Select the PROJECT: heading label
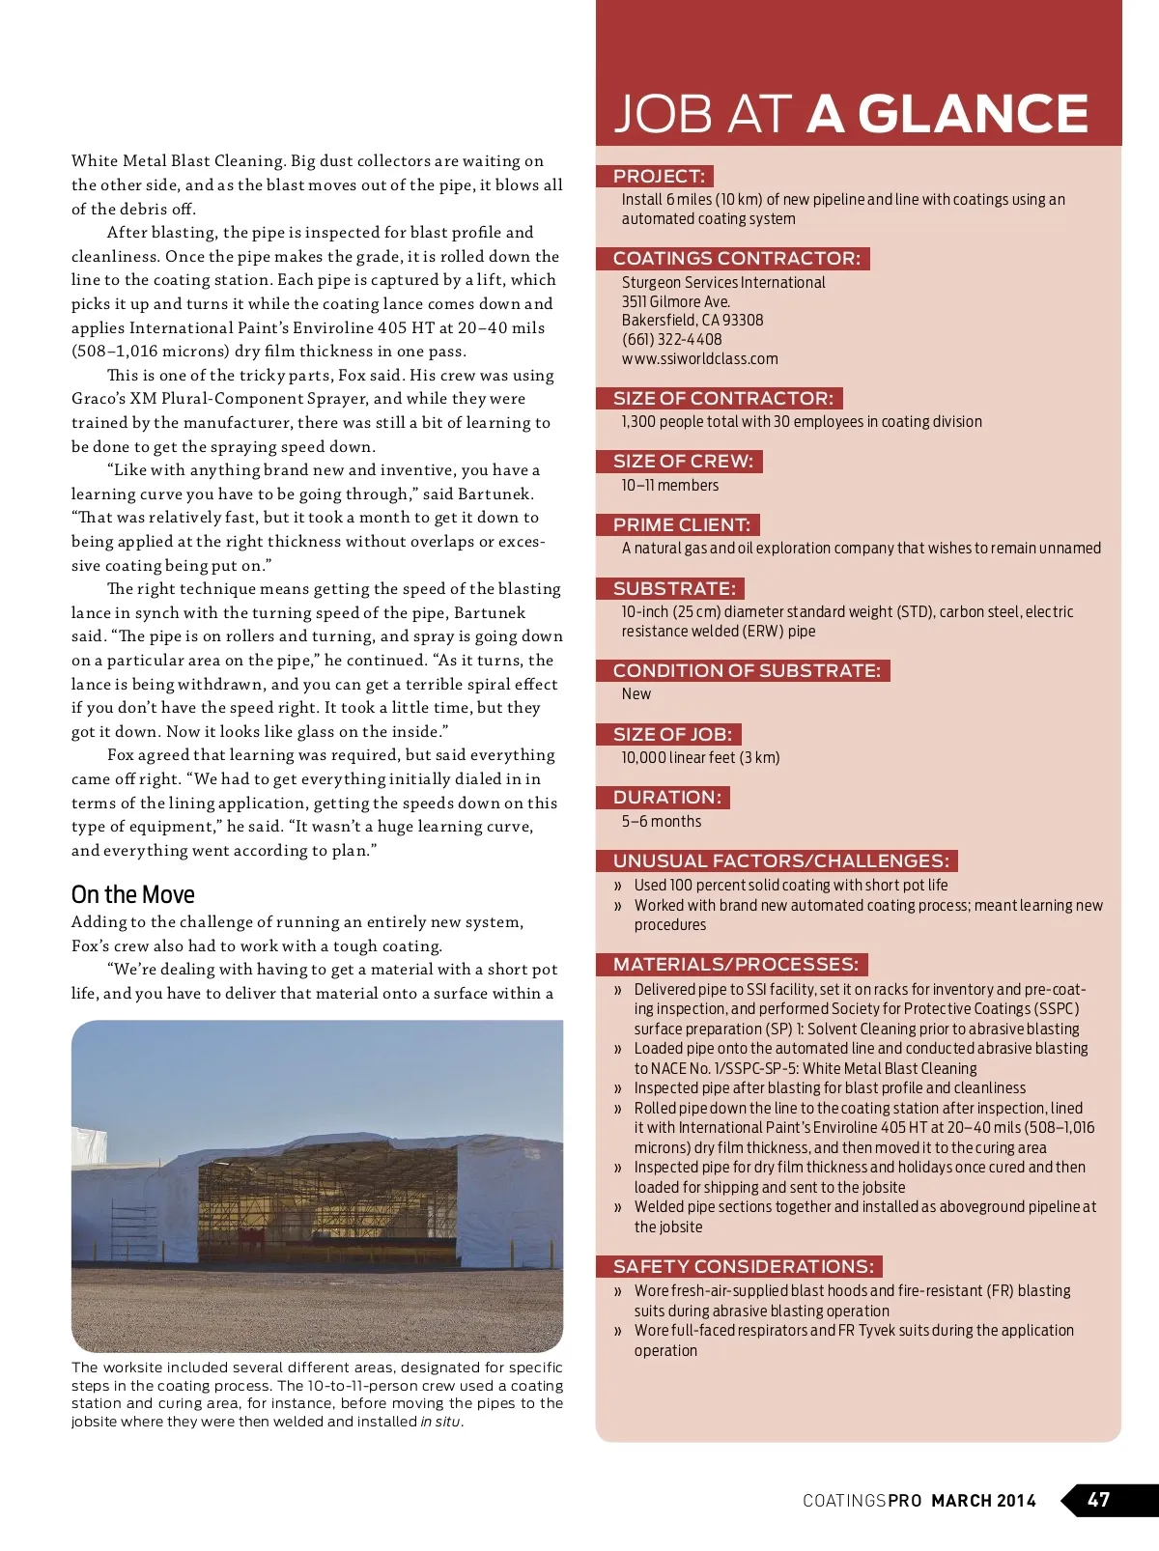(659, 176)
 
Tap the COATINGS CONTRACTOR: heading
(736, 259)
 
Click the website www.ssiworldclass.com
(699, 358)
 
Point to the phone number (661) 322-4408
(671, 339)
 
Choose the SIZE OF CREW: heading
(682, 462)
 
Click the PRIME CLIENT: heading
(681, 524)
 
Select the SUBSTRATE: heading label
(674, 588)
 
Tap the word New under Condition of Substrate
(636, 693)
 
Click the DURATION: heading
(666, 797)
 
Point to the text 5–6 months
(662, 821)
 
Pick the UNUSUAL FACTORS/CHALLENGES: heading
(780, 860)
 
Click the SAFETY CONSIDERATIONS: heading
(743, 1266)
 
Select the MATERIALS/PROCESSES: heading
(735, 964)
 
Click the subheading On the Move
(133, 894)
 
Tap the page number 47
(1098, 1500)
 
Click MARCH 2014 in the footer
(983, 1501)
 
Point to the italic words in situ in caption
(440, 1422)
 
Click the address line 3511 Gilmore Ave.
(676, 301)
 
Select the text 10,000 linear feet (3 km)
(700, 757)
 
